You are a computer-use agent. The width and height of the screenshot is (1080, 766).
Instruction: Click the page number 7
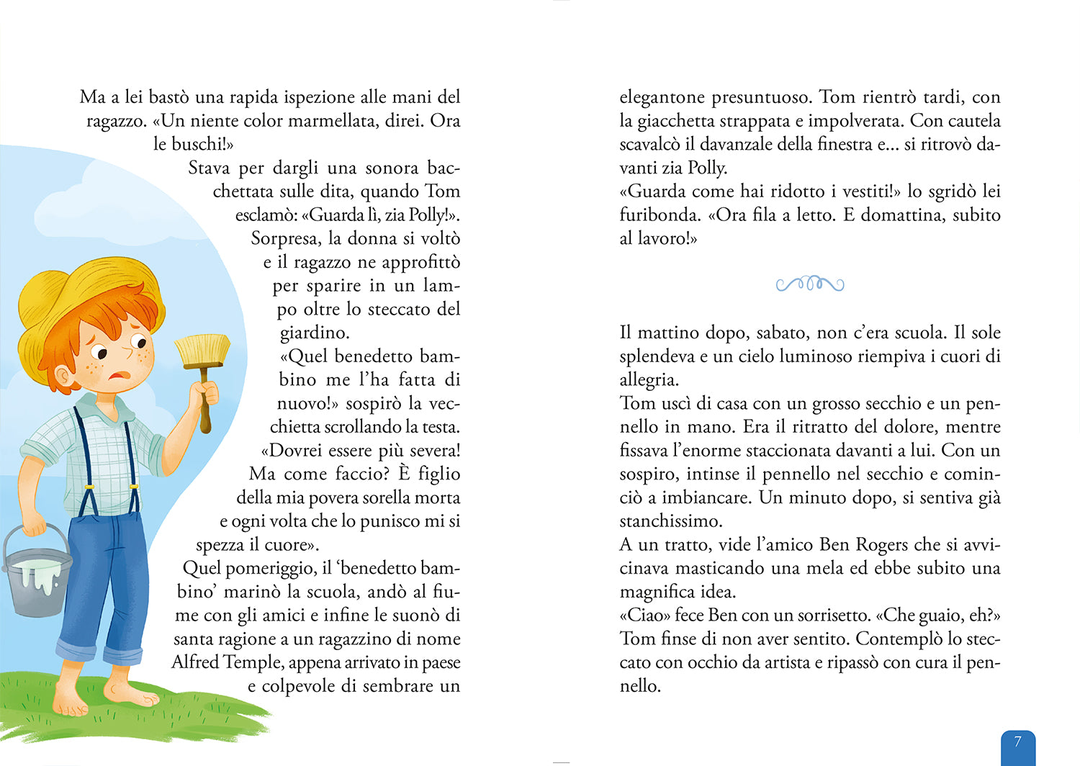click(1017, 742)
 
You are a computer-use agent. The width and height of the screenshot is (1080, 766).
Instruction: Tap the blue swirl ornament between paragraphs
click(810, 284)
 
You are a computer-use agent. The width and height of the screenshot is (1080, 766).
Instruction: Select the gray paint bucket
click(37, 569)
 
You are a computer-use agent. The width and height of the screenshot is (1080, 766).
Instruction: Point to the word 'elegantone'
click(662, 97)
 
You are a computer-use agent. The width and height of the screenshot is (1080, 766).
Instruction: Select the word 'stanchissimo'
click(670, 521)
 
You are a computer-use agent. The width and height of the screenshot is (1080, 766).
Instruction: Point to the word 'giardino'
click(314, 333)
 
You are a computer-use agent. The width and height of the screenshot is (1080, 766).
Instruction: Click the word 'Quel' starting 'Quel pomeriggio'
click(202, 568)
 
